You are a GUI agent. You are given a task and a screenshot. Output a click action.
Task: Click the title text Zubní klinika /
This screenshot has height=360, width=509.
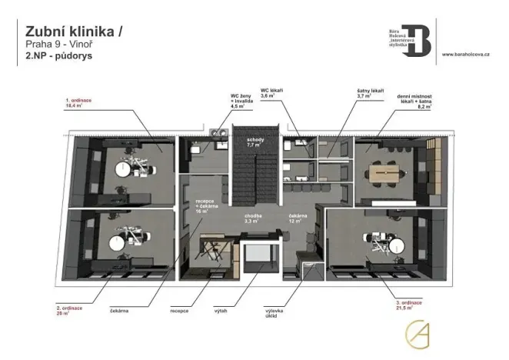tap(73, 31)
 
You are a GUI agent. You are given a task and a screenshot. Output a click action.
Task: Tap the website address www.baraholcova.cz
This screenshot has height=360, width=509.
tap(471, 55)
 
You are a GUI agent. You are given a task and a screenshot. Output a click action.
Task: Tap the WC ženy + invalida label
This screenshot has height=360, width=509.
tap(241, 103)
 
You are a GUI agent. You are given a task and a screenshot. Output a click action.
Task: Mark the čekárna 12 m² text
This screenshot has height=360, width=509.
tap(298, 218)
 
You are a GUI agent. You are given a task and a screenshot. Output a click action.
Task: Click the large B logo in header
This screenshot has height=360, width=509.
tap(419, 37)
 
